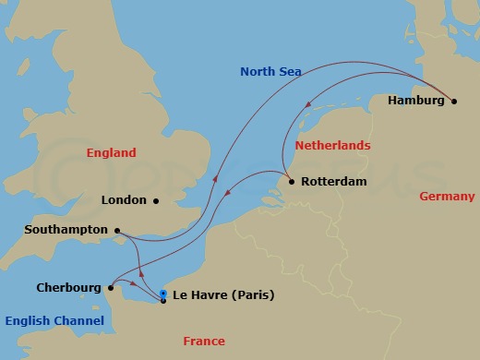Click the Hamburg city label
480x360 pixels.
click(x=415, y=100)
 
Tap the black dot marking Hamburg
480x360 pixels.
click(x=454, y=101)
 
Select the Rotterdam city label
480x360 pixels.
click(x=333, y=182)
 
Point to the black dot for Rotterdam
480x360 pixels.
click(x=292, y=182)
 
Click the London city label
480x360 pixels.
click(x=125, y=200)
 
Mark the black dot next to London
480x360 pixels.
click(x=156, y=200)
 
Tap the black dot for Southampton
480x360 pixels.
click(x=118, y=230)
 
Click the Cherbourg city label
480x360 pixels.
click(x=68, y=287)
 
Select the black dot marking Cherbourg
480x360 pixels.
click(x=110, y=287)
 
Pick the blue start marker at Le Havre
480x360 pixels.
click(x=163, y=294)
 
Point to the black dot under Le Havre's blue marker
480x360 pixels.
click(x=163, y=301)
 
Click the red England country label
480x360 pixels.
click(x=111, y=153)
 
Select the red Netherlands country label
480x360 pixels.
click(x=332, y=146)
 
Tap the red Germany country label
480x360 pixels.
click(x=447, y=197)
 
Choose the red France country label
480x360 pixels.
click(x=204, y=342)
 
